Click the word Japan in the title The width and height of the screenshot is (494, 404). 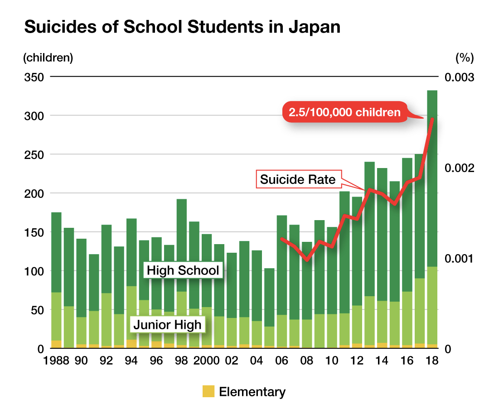(x=314, y=28)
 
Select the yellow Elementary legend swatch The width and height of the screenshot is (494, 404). (x=208, y=391)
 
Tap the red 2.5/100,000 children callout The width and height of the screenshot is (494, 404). (x=342, y=112)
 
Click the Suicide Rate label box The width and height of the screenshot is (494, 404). (x=298, y=179)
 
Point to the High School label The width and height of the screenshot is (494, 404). (x=184, y=271)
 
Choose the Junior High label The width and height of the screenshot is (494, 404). (x=167, y=324)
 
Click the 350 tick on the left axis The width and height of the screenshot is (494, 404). (x=34, y=77)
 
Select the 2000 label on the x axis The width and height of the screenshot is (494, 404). (x=206, y=361)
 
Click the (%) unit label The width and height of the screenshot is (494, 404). (x=464, y=58)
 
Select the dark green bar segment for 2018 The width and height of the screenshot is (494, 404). (x=432, y=181)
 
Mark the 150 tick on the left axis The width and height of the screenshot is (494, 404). (x=34, y=232)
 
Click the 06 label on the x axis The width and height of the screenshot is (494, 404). (x=281, y=361)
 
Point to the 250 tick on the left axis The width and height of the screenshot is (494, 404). (x=34, y=154)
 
